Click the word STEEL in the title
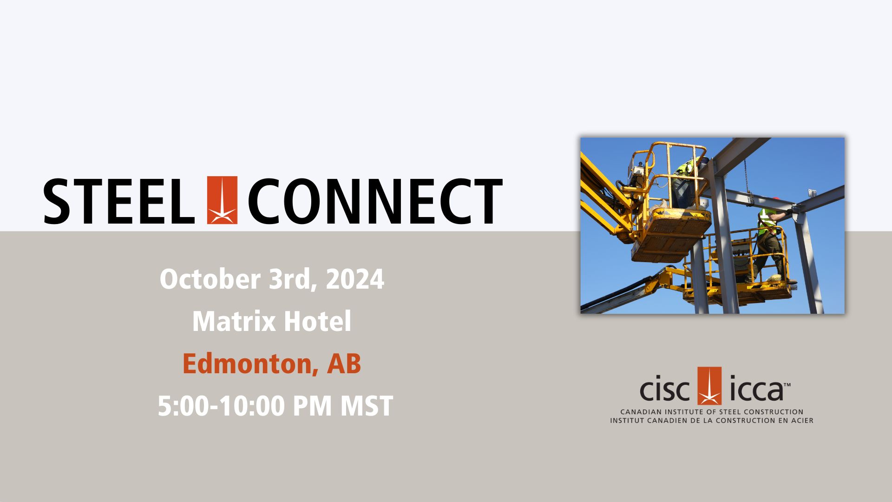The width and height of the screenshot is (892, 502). tap(119, 201)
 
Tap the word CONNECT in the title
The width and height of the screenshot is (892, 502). tap(375, 201)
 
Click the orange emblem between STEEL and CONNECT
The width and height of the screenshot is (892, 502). tap(222, 200)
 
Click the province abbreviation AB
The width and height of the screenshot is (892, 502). tap(344, 363)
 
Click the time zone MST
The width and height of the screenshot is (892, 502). tap(367, 406)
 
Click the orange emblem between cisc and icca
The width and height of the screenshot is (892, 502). tap(709, 386)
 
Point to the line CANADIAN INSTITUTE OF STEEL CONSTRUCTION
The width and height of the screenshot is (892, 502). tap(712, 412)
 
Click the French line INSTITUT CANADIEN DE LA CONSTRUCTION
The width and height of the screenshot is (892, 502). tap(712, 420)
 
